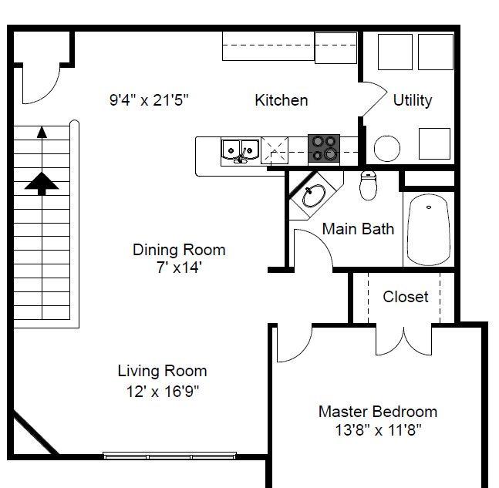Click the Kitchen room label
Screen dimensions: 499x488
coord(282,100)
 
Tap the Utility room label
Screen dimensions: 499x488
coord(413,100)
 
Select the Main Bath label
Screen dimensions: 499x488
coord(358,229)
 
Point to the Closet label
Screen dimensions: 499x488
coord(406,297)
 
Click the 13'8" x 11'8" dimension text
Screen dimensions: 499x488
coord(378,430)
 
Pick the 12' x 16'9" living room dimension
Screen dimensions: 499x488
coord(163,392)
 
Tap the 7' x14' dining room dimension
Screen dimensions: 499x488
coord(179,268)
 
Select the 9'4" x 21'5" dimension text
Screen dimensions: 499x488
coord(149,100)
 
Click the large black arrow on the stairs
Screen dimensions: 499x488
coord(42,183)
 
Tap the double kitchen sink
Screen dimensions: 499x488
coord(241,151)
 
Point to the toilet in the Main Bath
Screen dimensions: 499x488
coord(368,186)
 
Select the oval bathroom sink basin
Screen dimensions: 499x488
coord(314,196)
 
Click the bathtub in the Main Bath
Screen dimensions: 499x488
coord(429,230)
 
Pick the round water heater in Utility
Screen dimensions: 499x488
coord(387,148)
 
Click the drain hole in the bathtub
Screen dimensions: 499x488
coord(429,207)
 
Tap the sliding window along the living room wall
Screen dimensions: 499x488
coord(170,456)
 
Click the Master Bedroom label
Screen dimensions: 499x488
coord(378,412)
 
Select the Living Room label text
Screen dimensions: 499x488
coord(163,371)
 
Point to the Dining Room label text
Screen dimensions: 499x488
coord(179,250)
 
